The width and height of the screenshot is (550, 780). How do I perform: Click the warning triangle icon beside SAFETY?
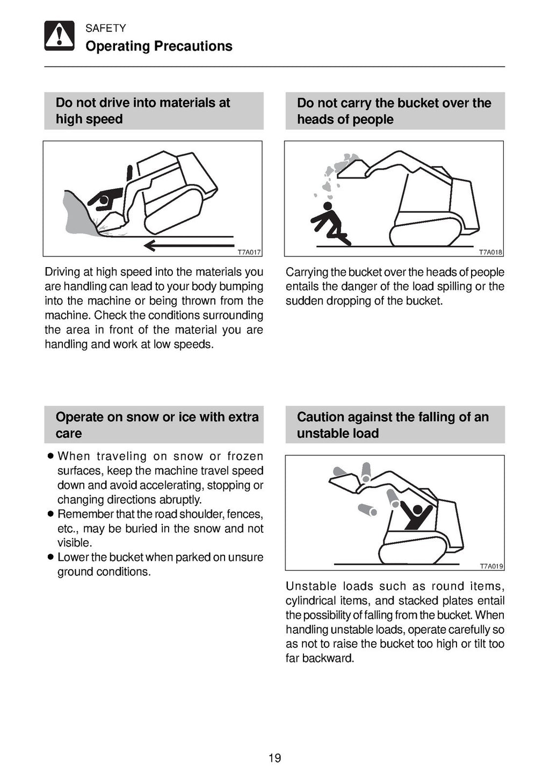(x=59, y=36)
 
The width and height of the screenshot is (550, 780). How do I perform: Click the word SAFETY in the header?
(x=105, y=28)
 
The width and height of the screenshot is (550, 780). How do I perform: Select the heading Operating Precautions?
(x=158, y=46)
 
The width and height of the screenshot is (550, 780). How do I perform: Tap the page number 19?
(x=274, y=758)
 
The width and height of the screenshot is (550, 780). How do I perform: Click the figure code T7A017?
(x=249, y=252)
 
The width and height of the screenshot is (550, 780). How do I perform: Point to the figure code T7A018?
(x=490, y=252)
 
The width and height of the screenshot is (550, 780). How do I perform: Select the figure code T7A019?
(x=491, y=566)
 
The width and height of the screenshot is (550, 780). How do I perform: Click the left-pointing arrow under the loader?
(x=188, y=246)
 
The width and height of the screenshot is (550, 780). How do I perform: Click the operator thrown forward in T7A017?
(x=106, y=199)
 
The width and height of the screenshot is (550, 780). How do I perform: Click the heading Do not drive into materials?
(x=143, y=111)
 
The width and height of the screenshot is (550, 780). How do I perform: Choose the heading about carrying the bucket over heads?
(x=394, y=111)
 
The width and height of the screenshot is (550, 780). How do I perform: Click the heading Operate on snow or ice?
(x=157, y=425)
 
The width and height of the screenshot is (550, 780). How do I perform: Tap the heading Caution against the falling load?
(x=393, y=425)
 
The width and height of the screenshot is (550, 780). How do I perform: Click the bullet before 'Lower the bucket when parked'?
(x=50, y=557)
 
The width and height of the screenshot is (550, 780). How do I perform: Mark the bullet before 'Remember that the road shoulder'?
(x=50, y=514)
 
